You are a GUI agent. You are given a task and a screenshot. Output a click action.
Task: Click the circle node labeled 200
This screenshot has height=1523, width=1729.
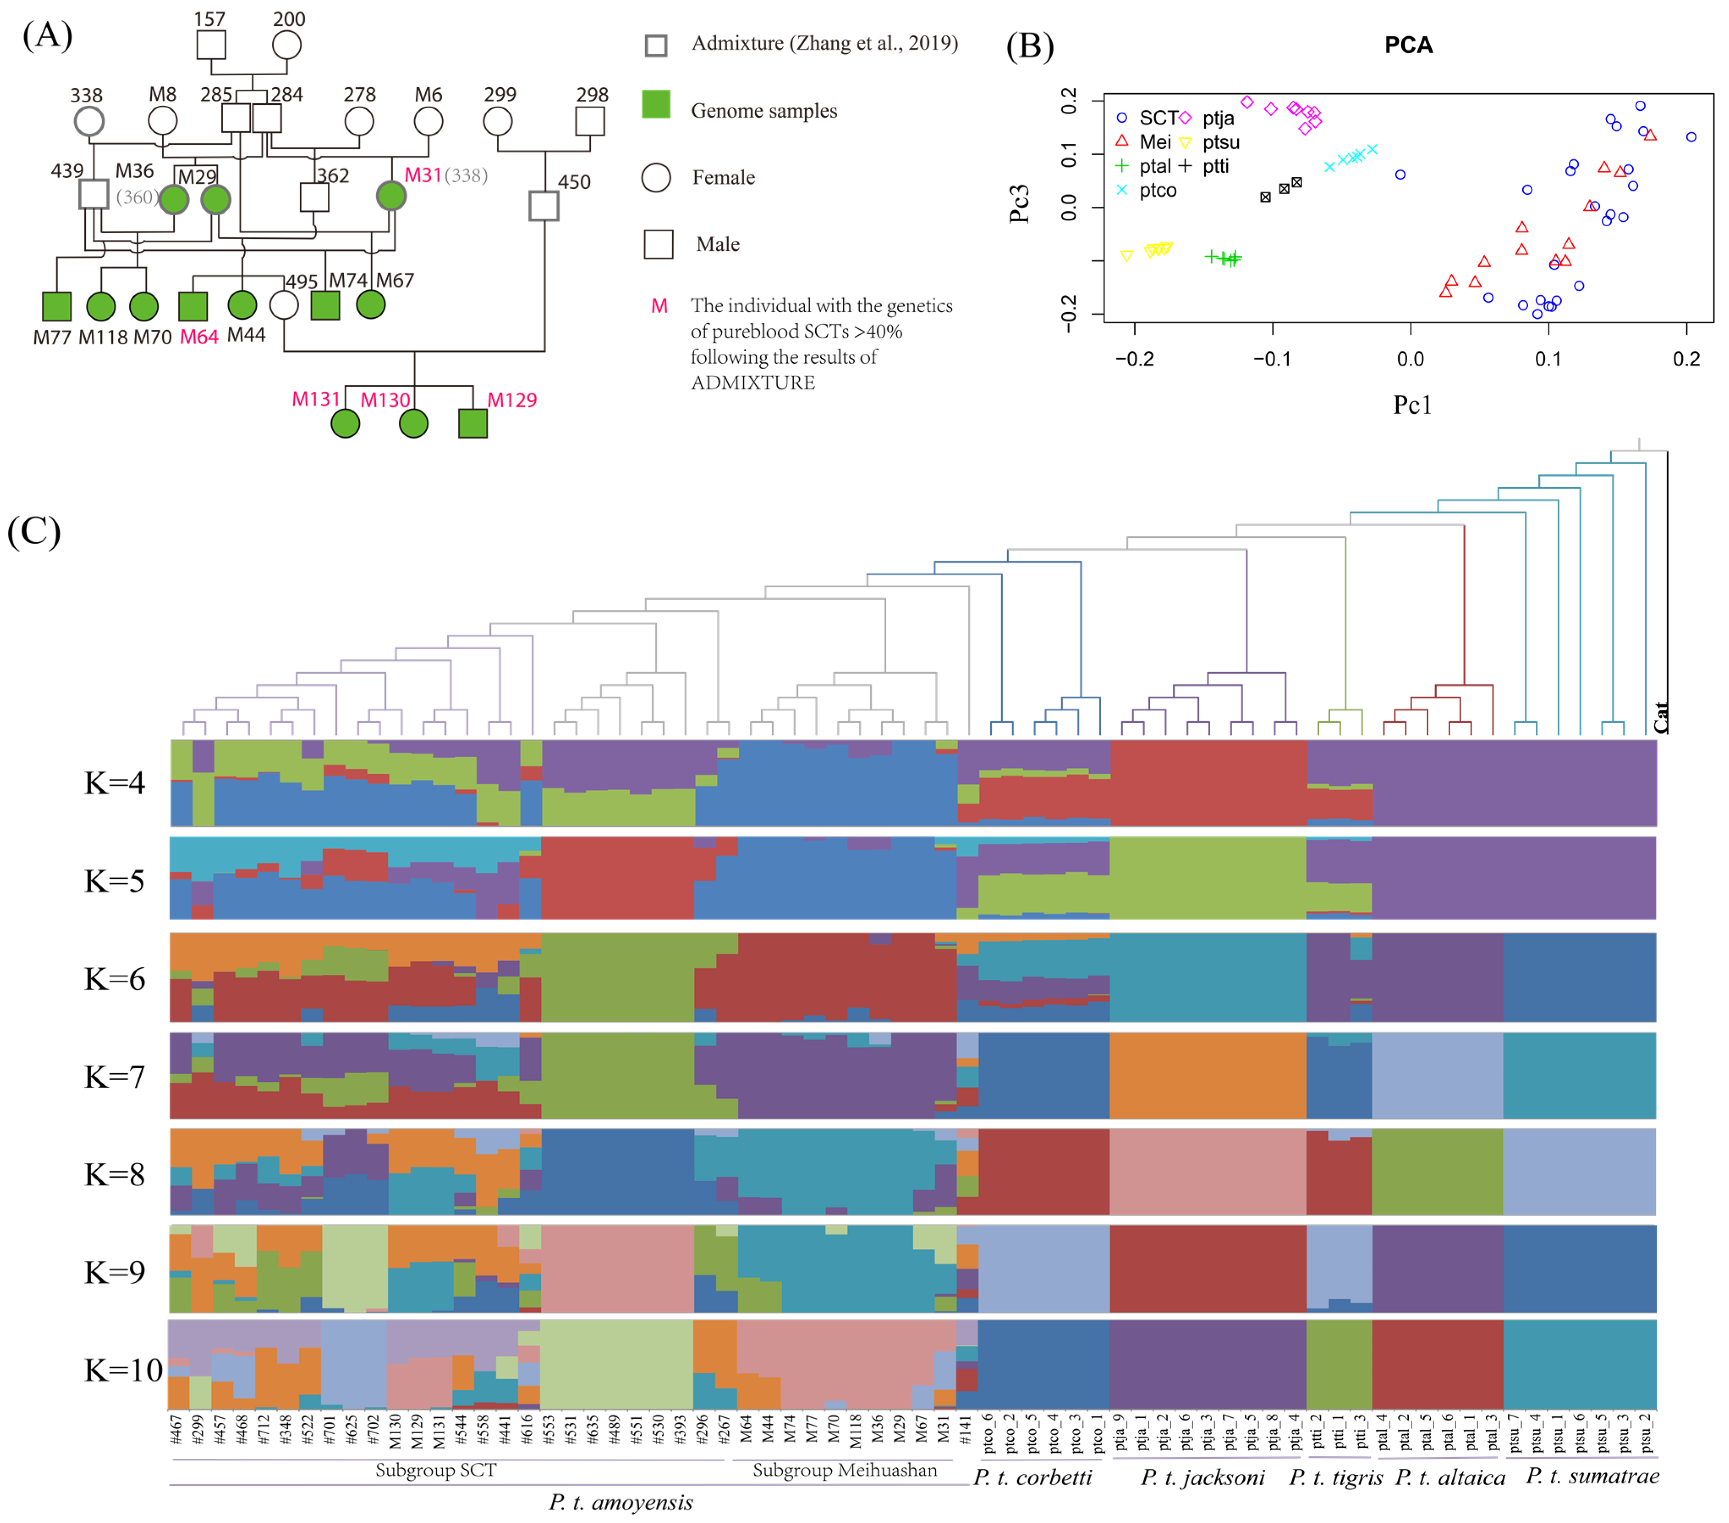click(287, 45)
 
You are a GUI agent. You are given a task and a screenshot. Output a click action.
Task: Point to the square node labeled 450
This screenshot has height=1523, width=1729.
click(544, 206)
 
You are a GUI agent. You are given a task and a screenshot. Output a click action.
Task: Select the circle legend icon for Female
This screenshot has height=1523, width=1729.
click(656, 178)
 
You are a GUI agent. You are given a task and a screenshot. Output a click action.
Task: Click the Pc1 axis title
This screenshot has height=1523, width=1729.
click(1412, 405)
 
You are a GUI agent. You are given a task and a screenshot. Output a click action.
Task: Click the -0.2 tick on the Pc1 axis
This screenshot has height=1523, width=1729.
click(1134, 359)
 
